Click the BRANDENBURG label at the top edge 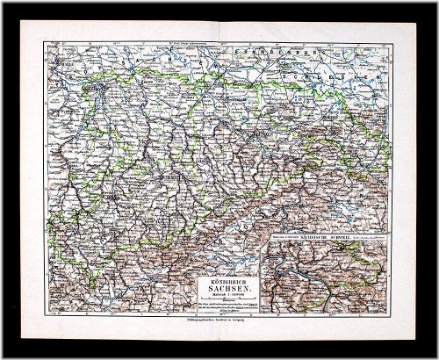[x=290, y=57]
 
